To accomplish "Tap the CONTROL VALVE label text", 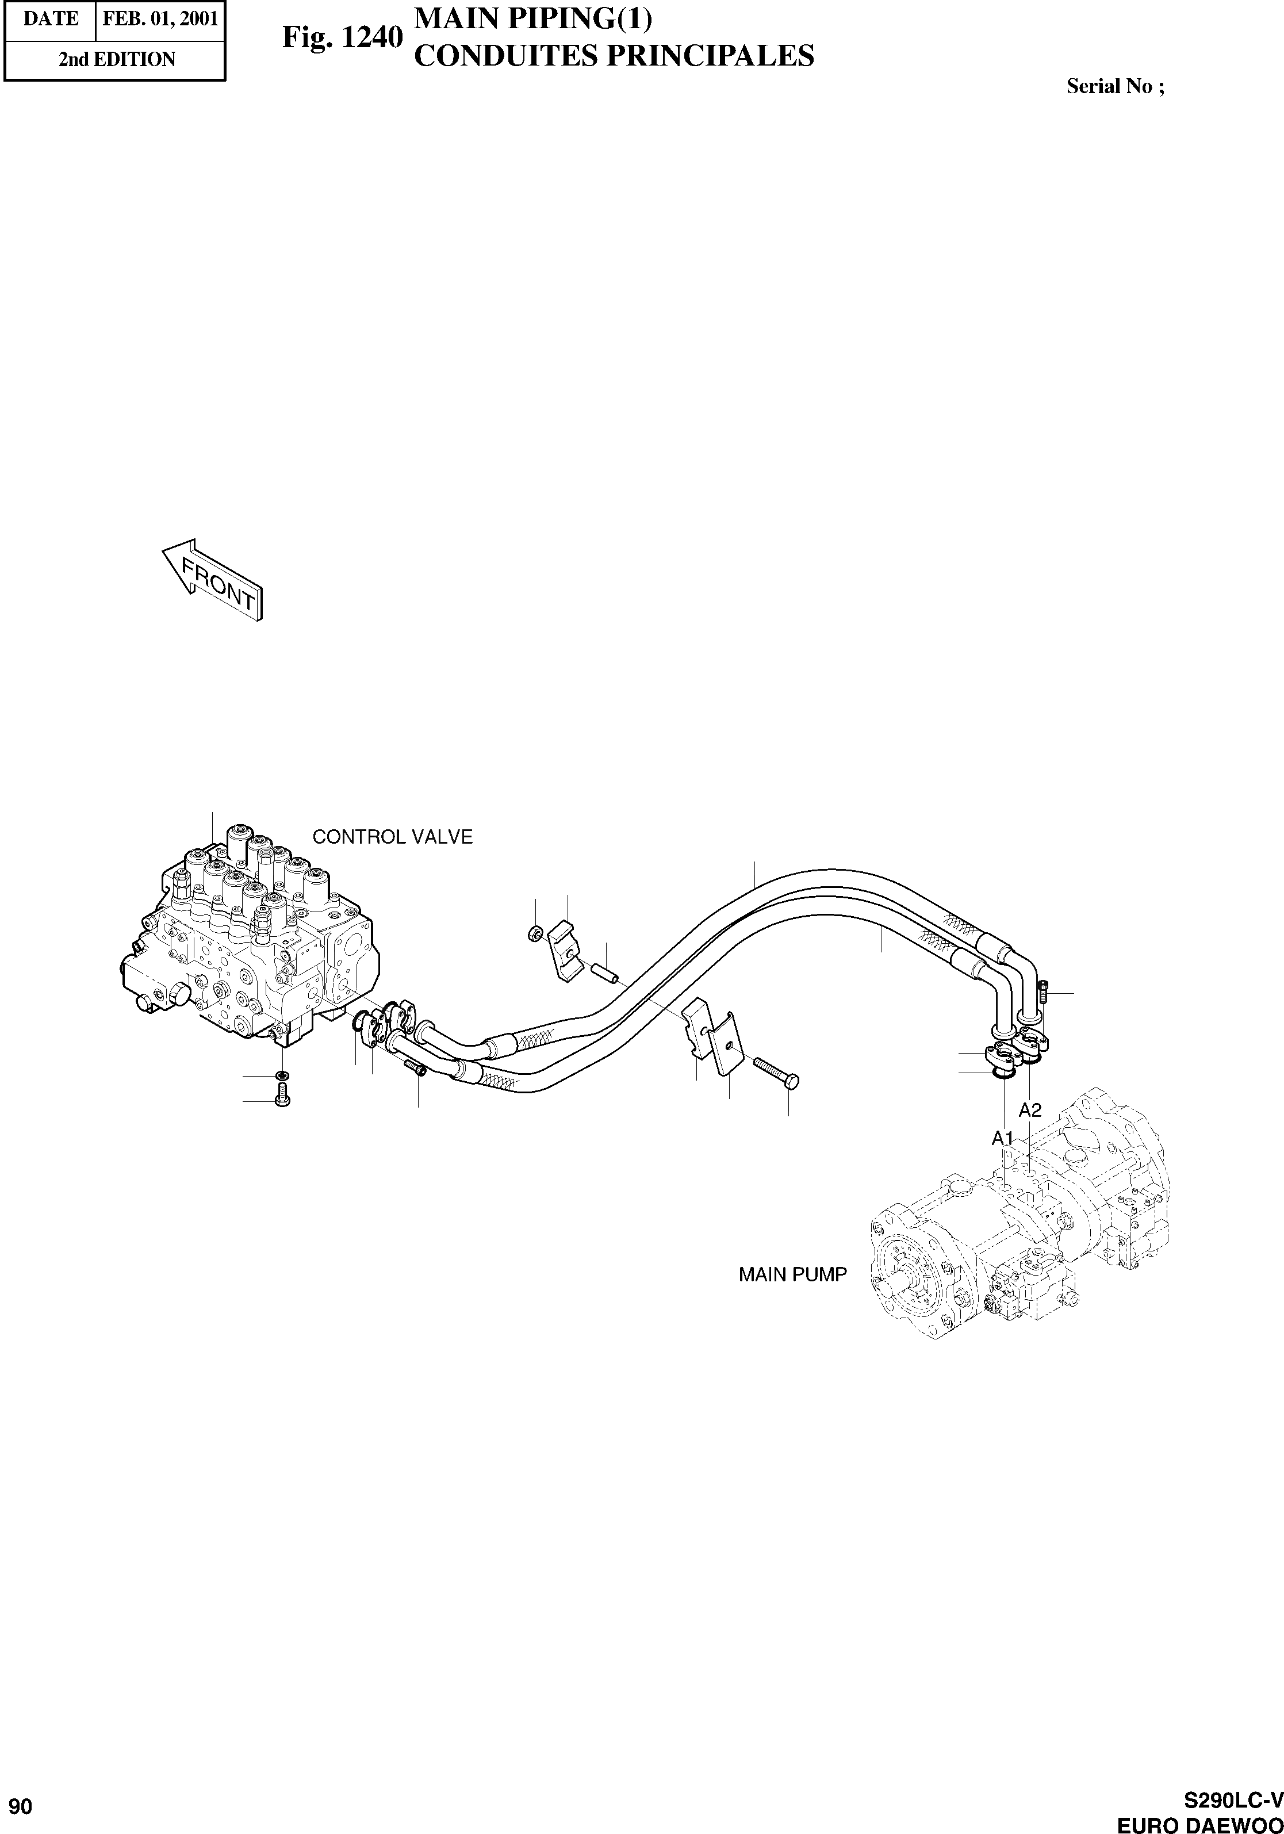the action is click(392, 837).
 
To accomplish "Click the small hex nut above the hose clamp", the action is click(536, 932).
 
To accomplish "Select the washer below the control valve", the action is click(281, 1075).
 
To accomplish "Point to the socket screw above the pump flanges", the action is click(1044, 991).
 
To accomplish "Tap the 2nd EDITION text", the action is click(117, 60).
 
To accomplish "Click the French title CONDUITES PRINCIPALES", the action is click(615, 56).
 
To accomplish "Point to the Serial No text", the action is click(1115, 87).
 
